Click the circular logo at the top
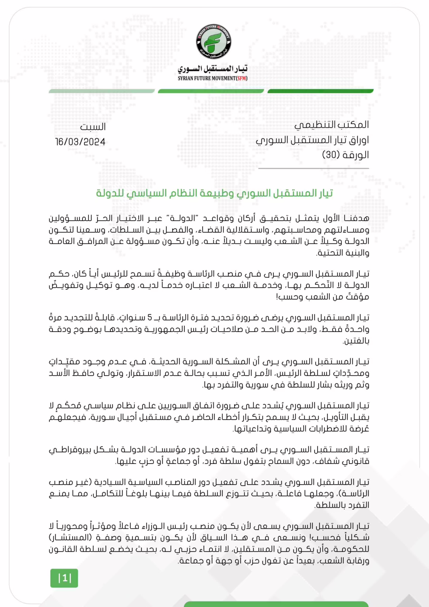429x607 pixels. pos(214,42)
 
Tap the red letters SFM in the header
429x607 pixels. pos(242,78)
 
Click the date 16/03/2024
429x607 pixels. pos(80,142)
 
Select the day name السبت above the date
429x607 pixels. pos(93,127)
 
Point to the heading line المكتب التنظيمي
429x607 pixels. pos(331,125)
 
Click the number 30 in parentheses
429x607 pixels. pos(331,155)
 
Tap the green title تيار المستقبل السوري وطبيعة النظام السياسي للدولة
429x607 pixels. pos(214,193)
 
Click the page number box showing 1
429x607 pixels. pos(64,578)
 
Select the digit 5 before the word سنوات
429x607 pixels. pos(150,318)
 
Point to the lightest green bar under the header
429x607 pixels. pos(102,91)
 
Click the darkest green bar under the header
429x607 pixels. pos(320,91)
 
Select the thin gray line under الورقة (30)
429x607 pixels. pos(314,168)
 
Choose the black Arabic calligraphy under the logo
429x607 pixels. pos(213,69)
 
